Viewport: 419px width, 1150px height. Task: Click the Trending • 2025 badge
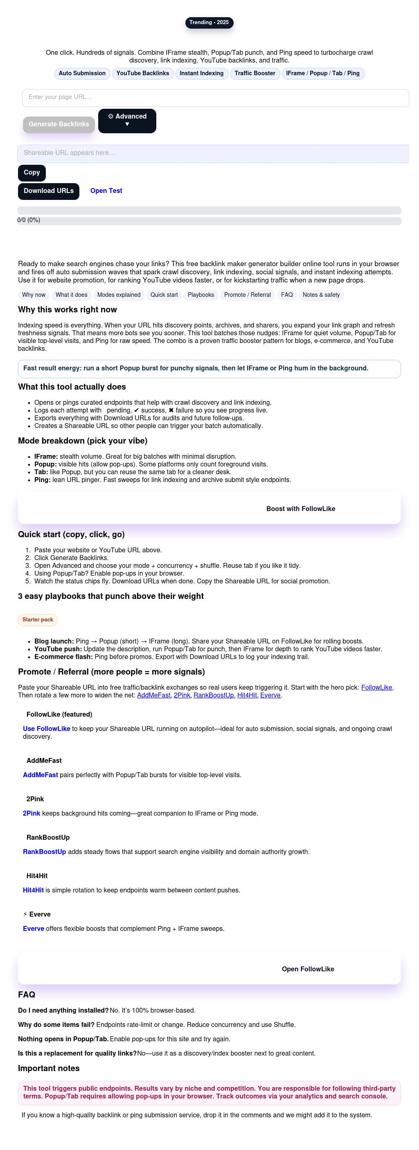pyautogui.click(x=209, y=22)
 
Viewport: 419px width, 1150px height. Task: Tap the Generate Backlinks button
pyautogui.click(x=59, y=125)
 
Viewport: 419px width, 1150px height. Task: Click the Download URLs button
pyautogui.click(x=48, y=191)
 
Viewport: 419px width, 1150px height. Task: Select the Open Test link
pyautogui.click(x=106, y=191)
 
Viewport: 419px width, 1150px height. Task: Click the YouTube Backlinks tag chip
pyautogui.click(x=142, y=74)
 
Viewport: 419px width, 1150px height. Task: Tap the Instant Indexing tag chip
pyautogui.click(x=201, y=74)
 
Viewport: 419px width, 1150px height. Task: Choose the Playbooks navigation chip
pyautogui.click(x=200, y=295)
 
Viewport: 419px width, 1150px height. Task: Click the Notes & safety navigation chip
pyautogui.click(x=321, y=295)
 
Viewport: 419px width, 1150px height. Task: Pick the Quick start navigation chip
pyautogui.click(x=164, y=295)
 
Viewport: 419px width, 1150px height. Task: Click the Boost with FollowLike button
pyautogui.click(x=300, y=509)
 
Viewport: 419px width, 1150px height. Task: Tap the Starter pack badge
pyautogui.click(x=38, y=620)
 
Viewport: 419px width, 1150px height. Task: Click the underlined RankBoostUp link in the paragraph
pyautogui.click(x=214, y=695)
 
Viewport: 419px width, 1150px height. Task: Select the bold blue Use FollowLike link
pyautogui.click(x=47, y=729)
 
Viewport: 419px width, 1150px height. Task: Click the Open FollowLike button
pyautogui.click(x=307, y=969)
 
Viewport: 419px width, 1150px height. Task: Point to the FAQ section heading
pyautogui.click(x=26, y=995)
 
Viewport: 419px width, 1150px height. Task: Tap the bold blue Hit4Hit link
pyautogui.click(x=33, y=890)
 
